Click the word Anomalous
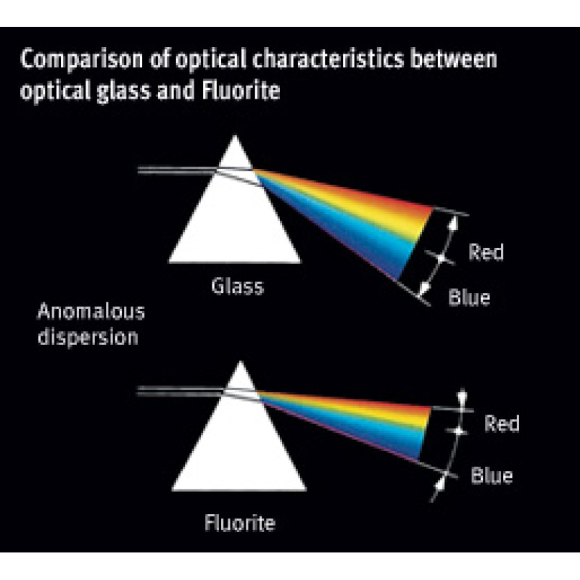91,312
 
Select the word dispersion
87,337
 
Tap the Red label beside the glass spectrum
486,252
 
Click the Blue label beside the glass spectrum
470,297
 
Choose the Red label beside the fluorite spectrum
502,423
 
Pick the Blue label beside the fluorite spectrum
492,476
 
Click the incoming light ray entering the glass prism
174,171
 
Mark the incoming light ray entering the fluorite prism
174,392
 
